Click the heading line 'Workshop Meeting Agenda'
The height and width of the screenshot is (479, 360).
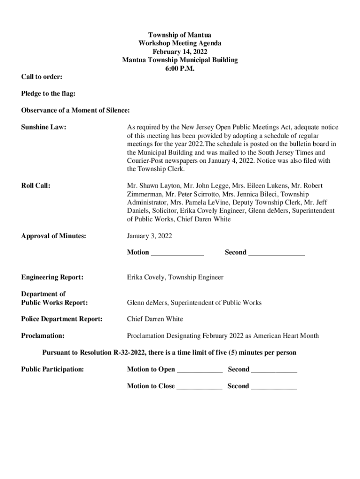[180, 43]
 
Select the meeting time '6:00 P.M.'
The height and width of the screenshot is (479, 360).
[180, 68]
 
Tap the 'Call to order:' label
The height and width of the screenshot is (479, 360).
[42, 77]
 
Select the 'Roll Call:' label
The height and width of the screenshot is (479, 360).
[36, 186]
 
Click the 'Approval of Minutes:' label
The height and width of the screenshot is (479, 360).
[54, 236]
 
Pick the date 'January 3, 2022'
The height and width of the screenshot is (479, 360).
[150, 236]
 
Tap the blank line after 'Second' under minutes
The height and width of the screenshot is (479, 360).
[276, 253]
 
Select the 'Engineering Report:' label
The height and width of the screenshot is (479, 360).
[52, 277]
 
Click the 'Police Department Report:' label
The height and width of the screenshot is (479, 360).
[62, 319]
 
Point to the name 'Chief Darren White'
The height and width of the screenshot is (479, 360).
[155, 319]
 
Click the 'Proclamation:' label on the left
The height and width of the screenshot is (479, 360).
[43, 336]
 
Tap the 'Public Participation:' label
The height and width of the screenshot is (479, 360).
[53, 370]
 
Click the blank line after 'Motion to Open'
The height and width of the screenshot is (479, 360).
[200, 370]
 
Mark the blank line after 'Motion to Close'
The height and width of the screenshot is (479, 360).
[199, 387]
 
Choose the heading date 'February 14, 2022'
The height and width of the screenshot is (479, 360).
[180, 51]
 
